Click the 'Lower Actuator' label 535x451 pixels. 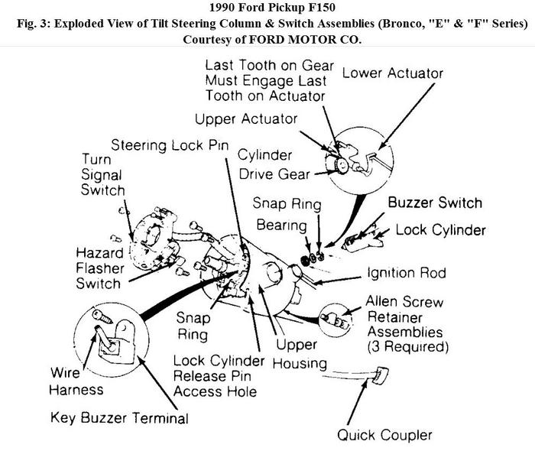393,73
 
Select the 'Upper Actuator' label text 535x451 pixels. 245,118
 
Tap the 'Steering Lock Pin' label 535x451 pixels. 169,144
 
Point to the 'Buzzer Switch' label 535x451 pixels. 435,203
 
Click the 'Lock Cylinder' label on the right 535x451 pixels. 439,230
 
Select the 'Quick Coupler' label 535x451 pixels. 384,435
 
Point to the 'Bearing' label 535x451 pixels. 281,226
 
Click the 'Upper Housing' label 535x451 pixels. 300,353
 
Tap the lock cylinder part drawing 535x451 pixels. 358,239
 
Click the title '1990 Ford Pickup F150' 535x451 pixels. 267,8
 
